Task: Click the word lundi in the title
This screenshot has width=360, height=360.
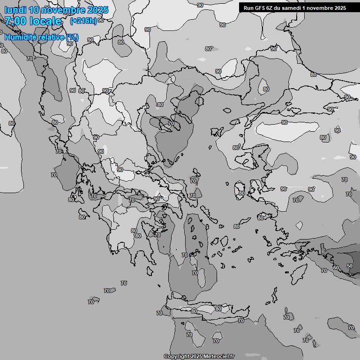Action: [x=15, y=10]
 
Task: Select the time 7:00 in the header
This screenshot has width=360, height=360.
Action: [x=15, y=21]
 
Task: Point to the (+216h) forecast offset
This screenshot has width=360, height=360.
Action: [x=83, y=21]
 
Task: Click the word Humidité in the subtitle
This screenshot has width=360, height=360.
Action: [x=19, y=37]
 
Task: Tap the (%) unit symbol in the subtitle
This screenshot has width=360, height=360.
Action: [x=72, y=37]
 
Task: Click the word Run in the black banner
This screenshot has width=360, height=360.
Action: [x=248, y=7]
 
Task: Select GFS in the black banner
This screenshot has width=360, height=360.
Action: [x=260, y=7]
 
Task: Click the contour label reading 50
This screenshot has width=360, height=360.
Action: [x=350, y=266]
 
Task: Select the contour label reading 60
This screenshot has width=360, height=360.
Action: [x=336, y=268]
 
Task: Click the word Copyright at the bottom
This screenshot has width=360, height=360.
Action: [x=176, y=356]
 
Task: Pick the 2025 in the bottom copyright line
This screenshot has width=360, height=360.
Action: [x=197, y=356]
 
